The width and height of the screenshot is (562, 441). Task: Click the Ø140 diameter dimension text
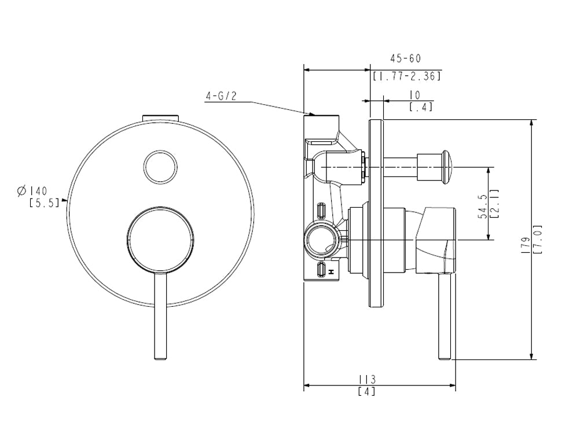pos(32,190)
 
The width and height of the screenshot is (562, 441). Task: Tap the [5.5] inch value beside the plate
pos(44,203)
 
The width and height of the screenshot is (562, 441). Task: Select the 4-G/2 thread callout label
pos(221,96)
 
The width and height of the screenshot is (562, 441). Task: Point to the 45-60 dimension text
pos(405,58)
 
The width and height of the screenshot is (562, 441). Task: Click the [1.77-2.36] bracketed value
pos(406,76)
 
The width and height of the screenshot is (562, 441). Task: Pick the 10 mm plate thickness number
pos(414,95)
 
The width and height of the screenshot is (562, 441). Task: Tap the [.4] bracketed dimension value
pos(421,106)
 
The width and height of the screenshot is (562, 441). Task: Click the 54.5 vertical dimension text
pos(483,207)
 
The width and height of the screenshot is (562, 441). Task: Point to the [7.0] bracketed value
pos(538,239)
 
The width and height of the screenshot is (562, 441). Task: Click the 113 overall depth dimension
pos(368,379)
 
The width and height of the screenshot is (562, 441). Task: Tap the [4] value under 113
pos(367,391)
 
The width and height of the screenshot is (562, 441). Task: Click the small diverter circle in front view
pos(160,167)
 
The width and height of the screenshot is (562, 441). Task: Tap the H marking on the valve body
pos(332,272)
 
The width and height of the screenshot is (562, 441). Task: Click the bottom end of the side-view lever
pos(445,358)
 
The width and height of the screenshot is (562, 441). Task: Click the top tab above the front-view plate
pos(160,118)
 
